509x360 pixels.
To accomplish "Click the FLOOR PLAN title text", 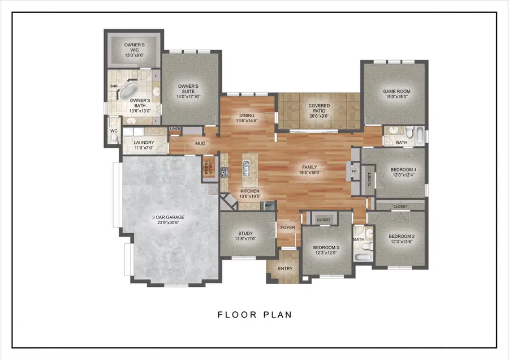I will point(255,314).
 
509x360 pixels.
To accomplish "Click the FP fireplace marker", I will point(354,170).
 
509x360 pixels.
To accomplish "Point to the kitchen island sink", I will point(247,169).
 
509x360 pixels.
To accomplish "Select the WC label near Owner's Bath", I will point(113,131).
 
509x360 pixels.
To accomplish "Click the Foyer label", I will point(288,228).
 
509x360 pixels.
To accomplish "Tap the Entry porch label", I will point(285,268).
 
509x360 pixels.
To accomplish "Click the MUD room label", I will point(200,144).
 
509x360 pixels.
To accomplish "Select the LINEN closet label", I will point(175,130).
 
